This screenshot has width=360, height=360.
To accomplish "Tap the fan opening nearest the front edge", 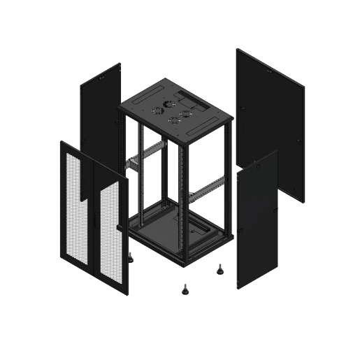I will [x=173, y=120].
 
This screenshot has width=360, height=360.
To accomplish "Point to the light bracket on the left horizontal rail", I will [x=129, y=165].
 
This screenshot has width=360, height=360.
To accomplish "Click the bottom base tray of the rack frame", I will [x=178, y=234].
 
